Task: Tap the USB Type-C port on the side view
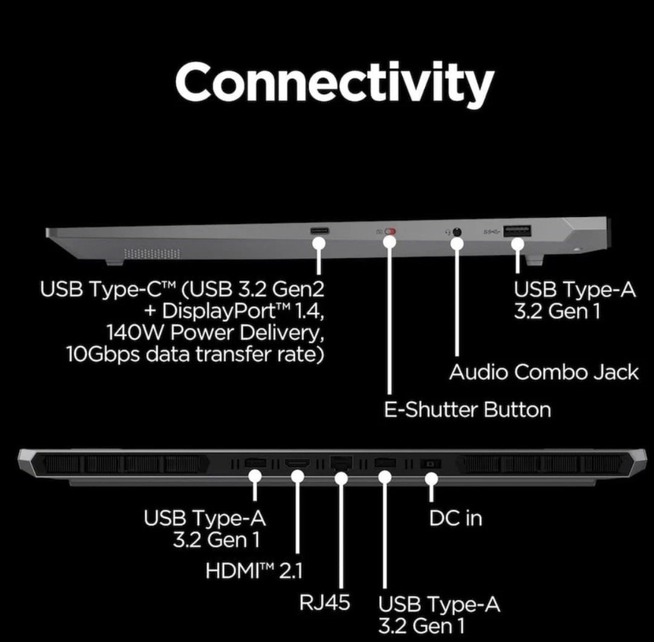click(319, 231)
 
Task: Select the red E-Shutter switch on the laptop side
click(391, 232)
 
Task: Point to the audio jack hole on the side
click(457, 232)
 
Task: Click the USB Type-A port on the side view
click(517, 231)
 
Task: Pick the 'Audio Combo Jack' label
click(543, 372)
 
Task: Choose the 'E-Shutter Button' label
click(467, 409)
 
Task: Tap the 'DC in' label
click(455, 518)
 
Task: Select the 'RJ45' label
click(324, 602)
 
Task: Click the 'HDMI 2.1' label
click(254, 571)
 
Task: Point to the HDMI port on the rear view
click(297, 463)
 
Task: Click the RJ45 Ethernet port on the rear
click(341, 463)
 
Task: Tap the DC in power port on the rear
click(431, 464)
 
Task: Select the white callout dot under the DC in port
click(431, 479)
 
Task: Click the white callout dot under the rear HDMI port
click(298, 477)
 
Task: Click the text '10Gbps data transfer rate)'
click(195, 354)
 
